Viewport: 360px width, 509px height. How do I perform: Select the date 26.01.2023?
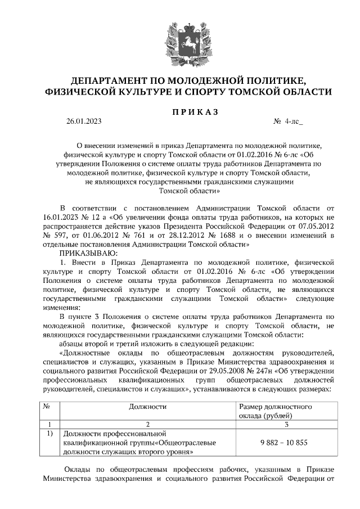[x=84, y=121]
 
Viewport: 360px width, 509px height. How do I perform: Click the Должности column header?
[x=148, y=406]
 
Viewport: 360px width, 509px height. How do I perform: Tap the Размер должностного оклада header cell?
[x=276, y=411]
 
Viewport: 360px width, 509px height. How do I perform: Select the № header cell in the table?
[x=48, y=406]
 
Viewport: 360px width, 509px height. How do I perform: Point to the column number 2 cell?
[x=148, y=425]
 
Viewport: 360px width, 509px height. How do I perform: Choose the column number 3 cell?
[x=286, y=425]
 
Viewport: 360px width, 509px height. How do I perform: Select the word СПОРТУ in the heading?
[x=213, y=91]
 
